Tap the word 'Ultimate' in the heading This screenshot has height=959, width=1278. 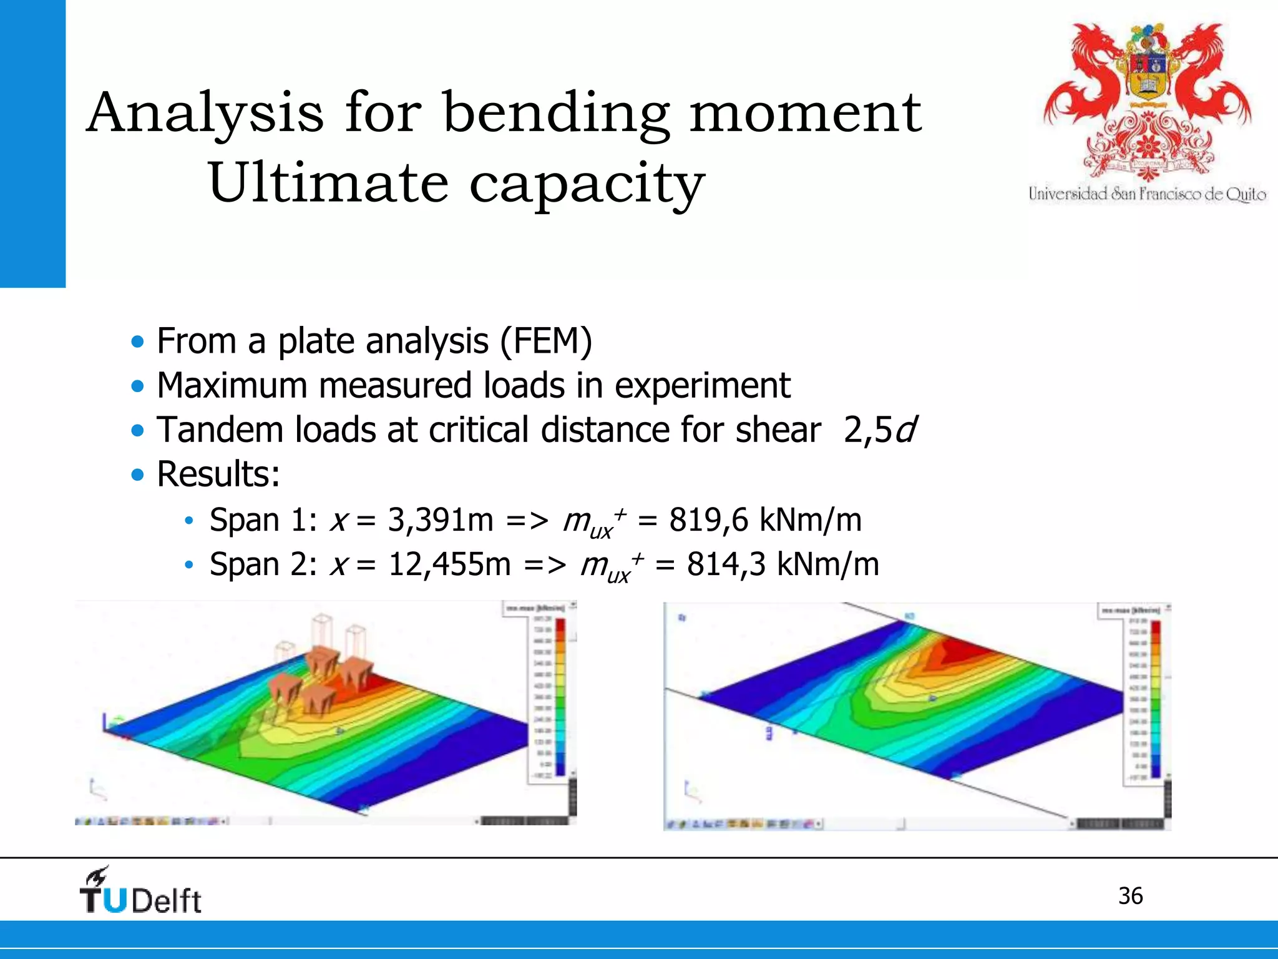pyautogui.click(x=328, y=183)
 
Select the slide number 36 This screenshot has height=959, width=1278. pyautogui.click(x=1130, y=896)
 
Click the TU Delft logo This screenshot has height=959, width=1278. pyautogui.click(x=140, y=892)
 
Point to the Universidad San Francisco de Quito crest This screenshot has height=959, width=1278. pyautogui.click(x=1147, y=100)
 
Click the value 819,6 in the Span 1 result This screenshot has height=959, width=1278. pyautogui.click(x=708, y=520)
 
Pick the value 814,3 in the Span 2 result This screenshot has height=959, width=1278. pyautogui.click(x=726, y=564)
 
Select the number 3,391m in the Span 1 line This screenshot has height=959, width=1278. pyautogui.click(x=440, y=520)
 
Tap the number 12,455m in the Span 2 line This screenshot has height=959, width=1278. pyautogui.click(x=449, y=564)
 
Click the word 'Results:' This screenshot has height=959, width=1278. pyautogui.click(x=218, y=475)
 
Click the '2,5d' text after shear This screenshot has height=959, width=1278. pyautogui.click(x=880, y=430)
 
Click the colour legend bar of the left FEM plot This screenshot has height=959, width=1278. pyautogui.click(x=560, y=696)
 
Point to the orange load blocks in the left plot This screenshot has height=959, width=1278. pyautogui.click(x=321, y=681)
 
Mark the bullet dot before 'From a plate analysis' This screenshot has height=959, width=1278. pyautogui.click(x=137, y=342)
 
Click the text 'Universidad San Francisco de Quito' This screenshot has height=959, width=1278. pyautogui.click(x=1147, y=194)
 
